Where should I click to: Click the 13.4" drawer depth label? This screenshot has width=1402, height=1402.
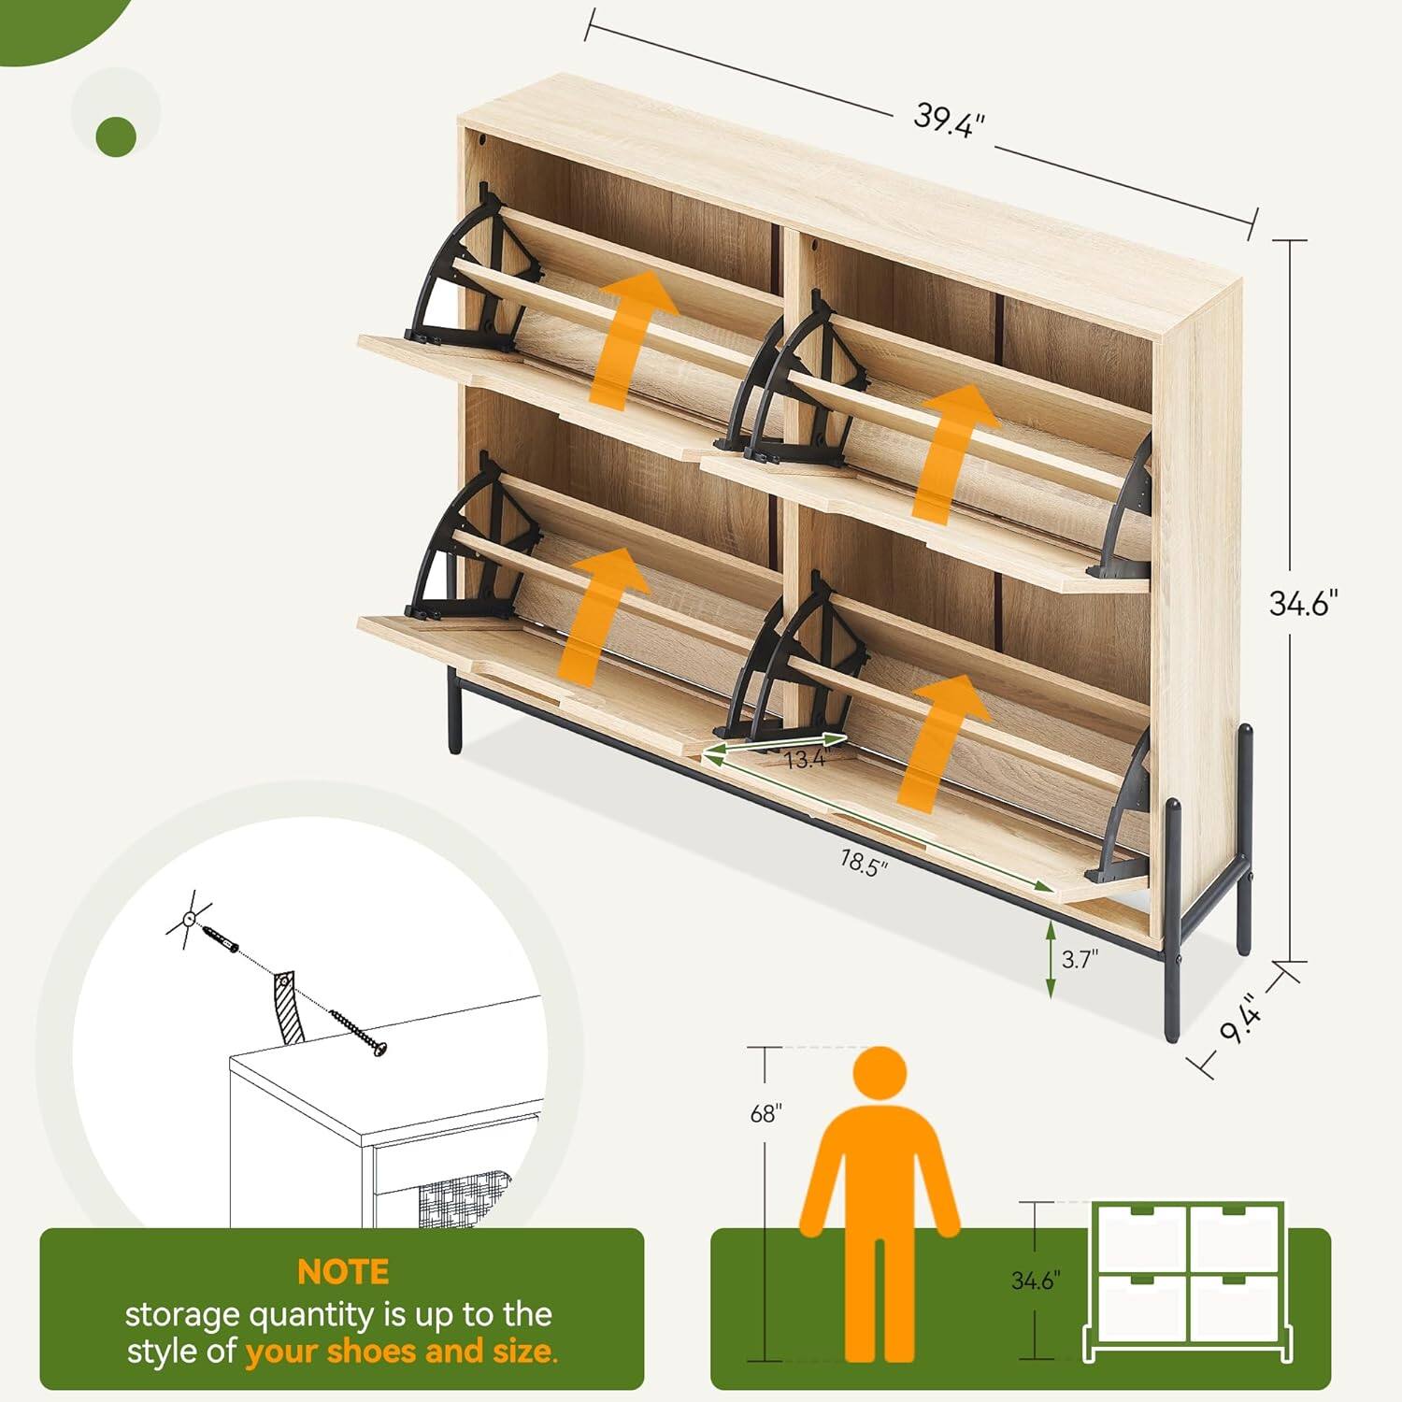coord(806,759)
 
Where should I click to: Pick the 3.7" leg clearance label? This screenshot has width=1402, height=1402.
coord(1080,959)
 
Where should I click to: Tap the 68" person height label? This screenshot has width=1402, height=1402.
coord(765,1113)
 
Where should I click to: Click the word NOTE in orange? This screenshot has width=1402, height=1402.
coord(343,1272)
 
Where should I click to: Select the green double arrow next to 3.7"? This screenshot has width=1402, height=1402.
coord(1051,959)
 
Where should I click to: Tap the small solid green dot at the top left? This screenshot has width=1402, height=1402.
coord(116,136)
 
